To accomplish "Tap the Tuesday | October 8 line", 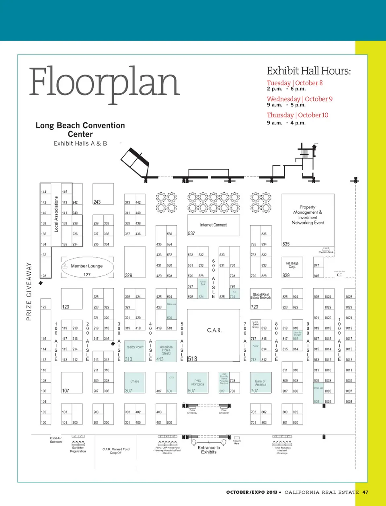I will point(295,83).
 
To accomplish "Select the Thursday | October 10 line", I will point(298,115).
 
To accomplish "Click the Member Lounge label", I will point(86,266).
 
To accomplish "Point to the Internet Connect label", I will point(214,225).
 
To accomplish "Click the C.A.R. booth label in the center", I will point(214,330).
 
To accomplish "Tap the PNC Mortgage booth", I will point(197,383).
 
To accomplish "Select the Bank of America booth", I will point(261,383).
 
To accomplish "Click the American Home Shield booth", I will point(166,350).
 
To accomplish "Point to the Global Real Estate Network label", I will point(261,296).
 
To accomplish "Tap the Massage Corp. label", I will point(292,265).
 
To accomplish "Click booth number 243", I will point(97,202).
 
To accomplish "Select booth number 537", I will point(191,233).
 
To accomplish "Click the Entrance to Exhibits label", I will point(209,450).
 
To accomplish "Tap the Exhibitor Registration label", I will point(78,449).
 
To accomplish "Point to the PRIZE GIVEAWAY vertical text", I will point(29,291).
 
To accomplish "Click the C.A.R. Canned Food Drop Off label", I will point(116,451).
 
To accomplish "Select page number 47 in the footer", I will point(365,492).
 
